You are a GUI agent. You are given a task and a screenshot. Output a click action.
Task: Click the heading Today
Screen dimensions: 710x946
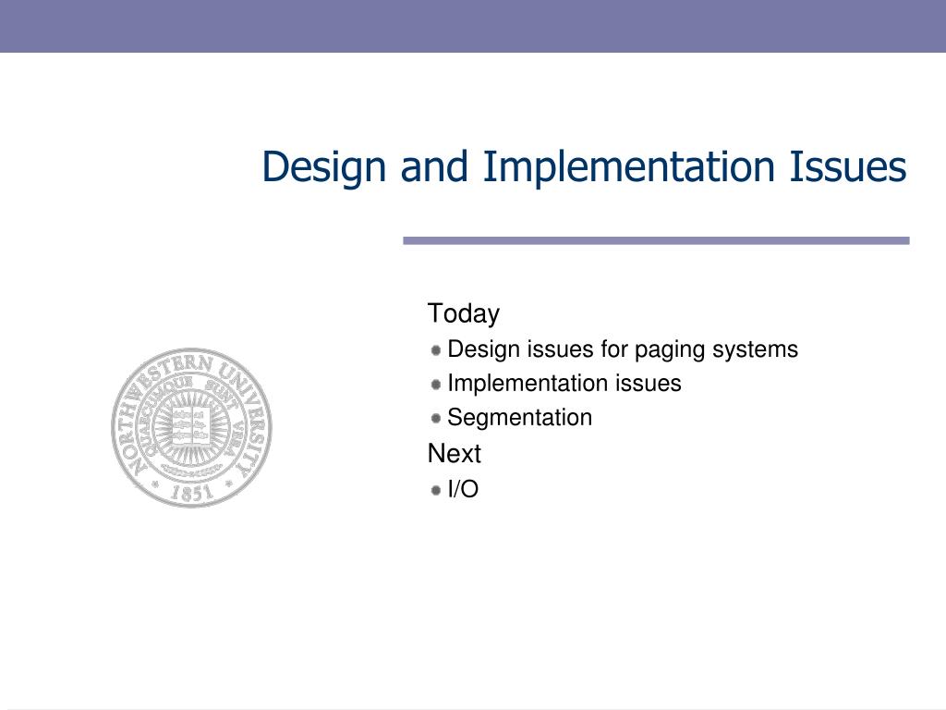tap(463, 314)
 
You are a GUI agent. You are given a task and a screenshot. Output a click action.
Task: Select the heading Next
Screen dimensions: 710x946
tap(454, 454)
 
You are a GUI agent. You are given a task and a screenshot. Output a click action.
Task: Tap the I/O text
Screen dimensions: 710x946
tap(463, 490)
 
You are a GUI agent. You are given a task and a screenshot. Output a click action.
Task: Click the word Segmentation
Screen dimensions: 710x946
tap(519, 418)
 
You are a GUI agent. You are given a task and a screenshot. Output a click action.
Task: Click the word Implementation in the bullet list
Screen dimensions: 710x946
tap(524, 384)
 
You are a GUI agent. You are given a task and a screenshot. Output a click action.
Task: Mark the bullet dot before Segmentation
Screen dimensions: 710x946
tap(435, 418)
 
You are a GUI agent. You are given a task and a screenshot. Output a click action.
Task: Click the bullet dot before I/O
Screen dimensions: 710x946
tap(435, 490)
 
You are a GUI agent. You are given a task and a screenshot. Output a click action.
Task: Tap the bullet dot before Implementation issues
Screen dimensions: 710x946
tap(435, 384)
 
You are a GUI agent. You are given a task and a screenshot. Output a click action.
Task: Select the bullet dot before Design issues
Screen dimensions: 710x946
tap(435, 349)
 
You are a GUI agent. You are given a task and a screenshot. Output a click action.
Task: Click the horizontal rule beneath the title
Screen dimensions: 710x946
tap(656, 240)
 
